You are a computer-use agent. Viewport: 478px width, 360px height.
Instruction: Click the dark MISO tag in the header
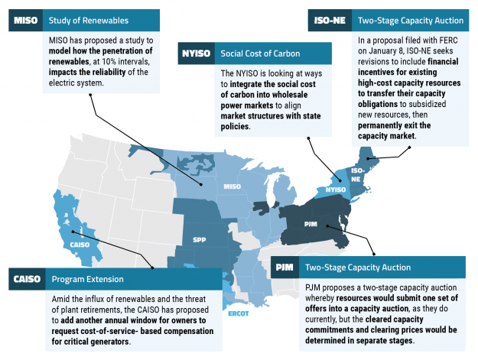coord(26,20)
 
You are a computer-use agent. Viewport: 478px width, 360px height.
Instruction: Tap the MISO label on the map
coord(232,186)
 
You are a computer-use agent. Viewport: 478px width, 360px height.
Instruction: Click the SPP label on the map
coord(200,238)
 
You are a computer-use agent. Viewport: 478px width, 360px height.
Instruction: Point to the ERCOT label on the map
coord(239,313)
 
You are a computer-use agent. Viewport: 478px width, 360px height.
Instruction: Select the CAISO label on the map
coord(80,245)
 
